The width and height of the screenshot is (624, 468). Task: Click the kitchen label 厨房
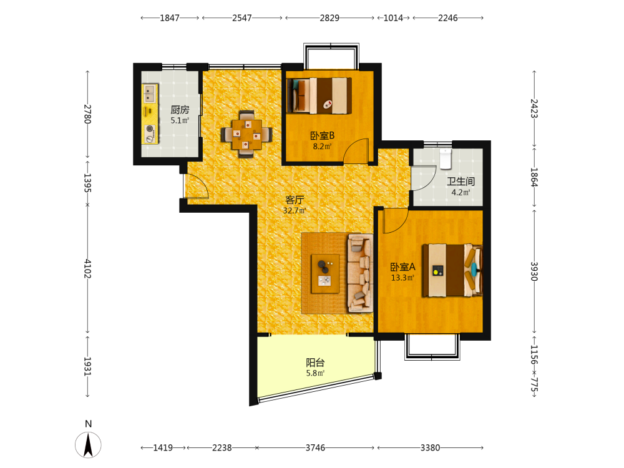(x=180, y=109)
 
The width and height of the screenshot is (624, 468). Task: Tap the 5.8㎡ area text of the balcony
(x=315, y=373)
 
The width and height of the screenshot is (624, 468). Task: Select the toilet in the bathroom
(x=446, y=158)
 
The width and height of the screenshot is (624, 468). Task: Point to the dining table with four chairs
(x=246, y=134)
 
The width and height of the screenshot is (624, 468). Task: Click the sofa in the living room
(x=361, y=273)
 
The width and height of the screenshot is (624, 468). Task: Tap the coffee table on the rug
(x=325, y=274)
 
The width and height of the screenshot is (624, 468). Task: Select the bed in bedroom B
(x=319, y=95)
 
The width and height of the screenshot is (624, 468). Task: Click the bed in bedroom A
(x=452, y=270)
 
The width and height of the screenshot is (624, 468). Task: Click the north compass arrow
(x=88, y=445)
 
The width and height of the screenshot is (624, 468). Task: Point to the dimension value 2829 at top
(x=329, y=18)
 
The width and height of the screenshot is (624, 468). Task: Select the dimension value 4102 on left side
(x=87, y=269)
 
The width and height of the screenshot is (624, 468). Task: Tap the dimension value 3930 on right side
(x=534, y=271)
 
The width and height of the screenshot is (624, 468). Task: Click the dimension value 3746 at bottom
(x=315, y=447)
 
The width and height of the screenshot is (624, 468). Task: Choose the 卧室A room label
(x=402, y=266)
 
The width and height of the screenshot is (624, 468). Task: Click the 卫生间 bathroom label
(x=461, y=182)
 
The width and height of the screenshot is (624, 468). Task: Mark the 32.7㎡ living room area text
(x=295, y=210)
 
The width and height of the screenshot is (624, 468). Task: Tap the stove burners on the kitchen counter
(x=150, y=134)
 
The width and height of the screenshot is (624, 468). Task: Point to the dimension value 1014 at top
(x=393, y=18)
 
